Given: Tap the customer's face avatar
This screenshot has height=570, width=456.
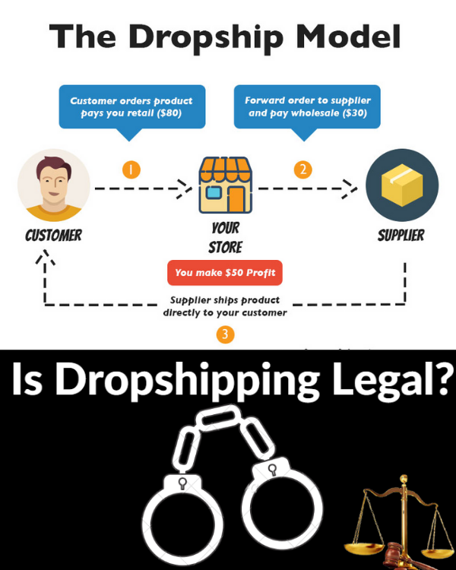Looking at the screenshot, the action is pyautogui.click(x=53, y=185).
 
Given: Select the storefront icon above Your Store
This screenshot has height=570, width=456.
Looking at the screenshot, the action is pyautogui.click(x=225, y=185).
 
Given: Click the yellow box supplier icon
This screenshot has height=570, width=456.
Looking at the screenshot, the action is pyautogui.click(x=401, y=185).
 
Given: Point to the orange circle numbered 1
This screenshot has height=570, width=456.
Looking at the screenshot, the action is pyautogui.click(x=131, y=169).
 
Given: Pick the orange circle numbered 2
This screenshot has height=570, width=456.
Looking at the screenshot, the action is pyautogui.click(x=304, y=169).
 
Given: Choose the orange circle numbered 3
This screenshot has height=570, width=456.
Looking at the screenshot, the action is pyautogui.click(x=225, y=334).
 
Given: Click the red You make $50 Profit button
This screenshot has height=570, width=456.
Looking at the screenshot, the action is pyautogui.click(x=225, y=272).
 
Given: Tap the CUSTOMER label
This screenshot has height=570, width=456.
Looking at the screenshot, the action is pyautogui.click(x=53, y=235).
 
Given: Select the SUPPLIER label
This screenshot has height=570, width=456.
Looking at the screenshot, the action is pyautogui.click(x=401, y=235).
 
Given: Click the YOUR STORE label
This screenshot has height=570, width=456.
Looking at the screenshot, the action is pyautogui.click(x=225, y=237).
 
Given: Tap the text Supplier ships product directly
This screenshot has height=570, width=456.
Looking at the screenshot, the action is pyautogui.click(x=225, y=306).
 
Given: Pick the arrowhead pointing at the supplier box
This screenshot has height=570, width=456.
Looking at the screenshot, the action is pyautogui.click(x=350, y=186).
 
